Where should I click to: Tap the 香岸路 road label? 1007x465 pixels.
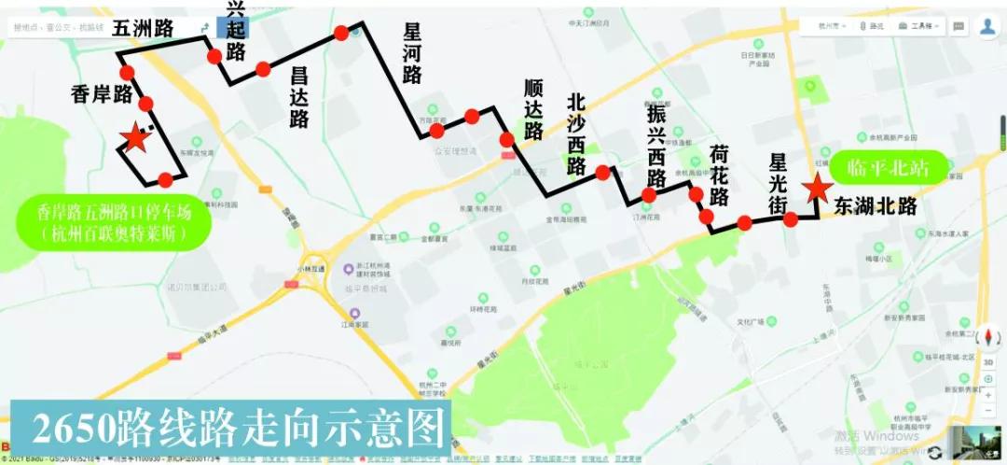click(102, 93)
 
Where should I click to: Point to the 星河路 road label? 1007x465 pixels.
click(413, 53)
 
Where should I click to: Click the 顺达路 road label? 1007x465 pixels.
click(533, 109)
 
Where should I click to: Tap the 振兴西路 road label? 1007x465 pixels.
click(657, 145)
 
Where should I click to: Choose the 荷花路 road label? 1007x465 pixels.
click(719, 175)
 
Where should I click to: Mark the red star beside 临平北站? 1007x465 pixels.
click(818, 189)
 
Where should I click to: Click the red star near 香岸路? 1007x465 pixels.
click(135, 138)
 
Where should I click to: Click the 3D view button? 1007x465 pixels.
click(988, 362)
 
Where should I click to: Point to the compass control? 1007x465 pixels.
click(987, 323)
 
